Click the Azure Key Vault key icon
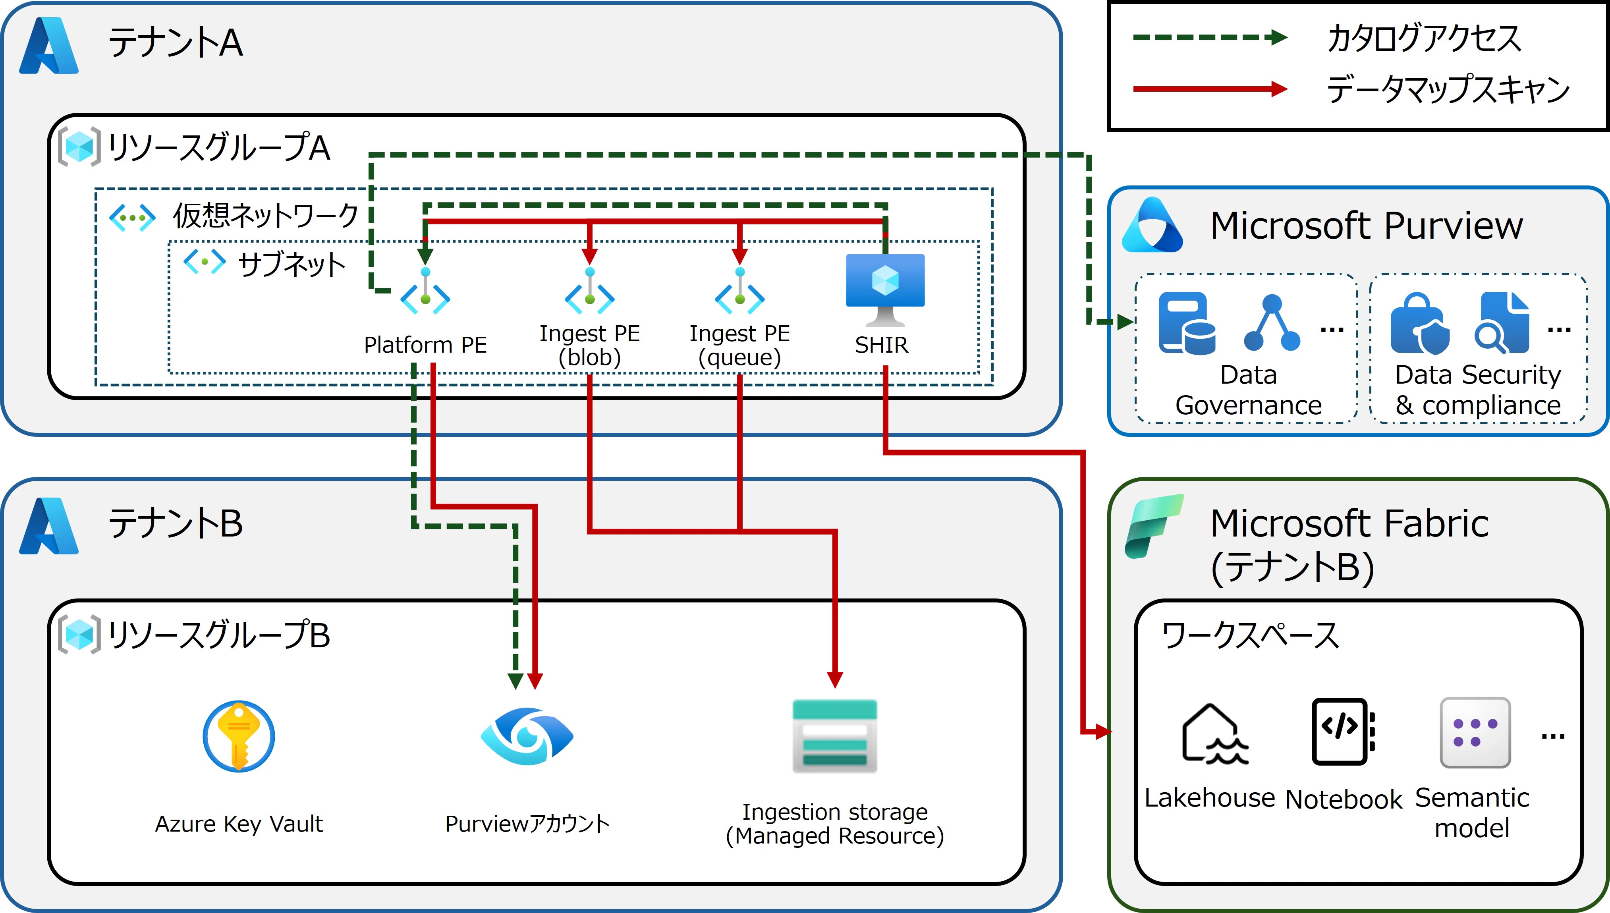pos(238,736)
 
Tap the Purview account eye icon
pos(527,736)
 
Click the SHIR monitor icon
pos(884,288)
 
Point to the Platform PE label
pos(425,345)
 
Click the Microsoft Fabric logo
pos(1154,525)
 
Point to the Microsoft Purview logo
pos(1152,225)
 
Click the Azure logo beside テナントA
pos(49,45)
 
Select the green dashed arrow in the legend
pos(1210,38)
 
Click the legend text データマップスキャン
pos(1448,89)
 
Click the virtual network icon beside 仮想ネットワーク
pos(132,218)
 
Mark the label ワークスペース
pos(1250,636)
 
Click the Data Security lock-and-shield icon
pos(1419,324)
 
